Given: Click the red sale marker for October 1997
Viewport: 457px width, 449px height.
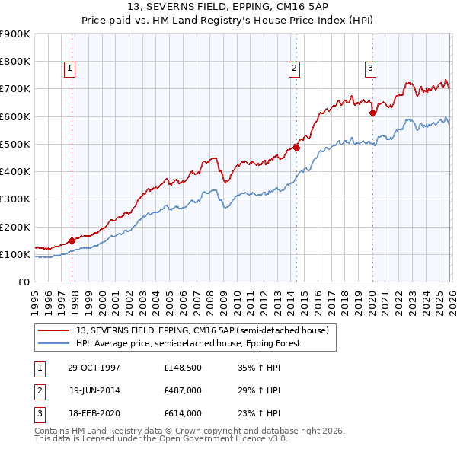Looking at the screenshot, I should point(72,240).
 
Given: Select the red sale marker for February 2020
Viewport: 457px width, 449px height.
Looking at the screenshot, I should point(372,113).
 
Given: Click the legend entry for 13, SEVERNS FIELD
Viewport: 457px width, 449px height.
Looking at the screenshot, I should point(202,330).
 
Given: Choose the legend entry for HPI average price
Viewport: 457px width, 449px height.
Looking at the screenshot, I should point(188,343).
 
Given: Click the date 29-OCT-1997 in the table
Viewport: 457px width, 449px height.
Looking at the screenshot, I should point(94,368).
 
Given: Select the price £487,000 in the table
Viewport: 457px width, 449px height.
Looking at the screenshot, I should point(182,390).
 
